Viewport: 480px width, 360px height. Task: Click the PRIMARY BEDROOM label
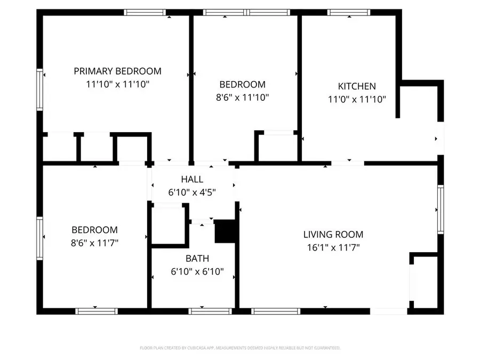(117, 71)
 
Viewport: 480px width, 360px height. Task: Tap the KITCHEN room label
(357, 86)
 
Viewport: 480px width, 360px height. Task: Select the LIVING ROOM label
(333, 234)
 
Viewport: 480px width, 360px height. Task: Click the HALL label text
(192, 180)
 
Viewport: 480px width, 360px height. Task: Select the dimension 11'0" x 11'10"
(357, 99)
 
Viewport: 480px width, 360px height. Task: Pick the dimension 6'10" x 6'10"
(197, 271)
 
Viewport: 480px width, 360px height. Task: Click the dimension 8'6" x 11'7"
(95, 243)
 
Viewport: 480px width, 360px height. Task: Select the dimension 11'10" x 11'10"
(117, 84)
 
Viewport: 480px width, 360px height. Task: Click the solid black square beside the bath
(224, 231)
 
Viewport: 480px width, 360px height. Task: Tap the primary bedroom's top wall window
(145, 12)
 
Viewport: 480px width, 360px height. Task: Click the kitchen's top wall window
(349, 12)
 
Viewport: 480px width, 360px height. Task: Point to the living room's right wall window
(441, 209)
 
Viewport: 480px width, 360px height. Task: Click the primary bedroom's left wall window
(39, 91)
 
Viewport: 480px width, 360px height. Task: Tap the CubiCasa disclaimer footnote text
(239, 348)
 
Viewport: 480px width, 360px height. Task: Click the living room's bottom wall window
(276, 310)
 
